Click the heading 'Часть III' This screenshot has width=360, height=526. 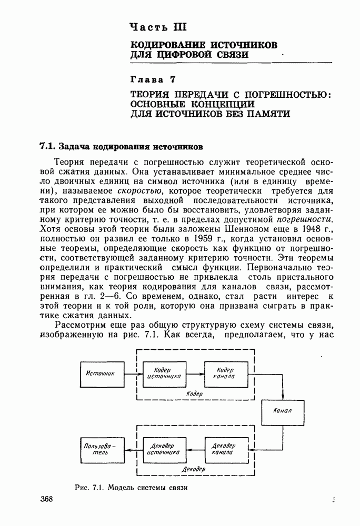pyautogui.click(x=158, y=27)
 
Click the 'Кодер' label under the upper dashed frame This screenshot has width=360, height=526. pyautogui.click(x=194, y=393)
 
